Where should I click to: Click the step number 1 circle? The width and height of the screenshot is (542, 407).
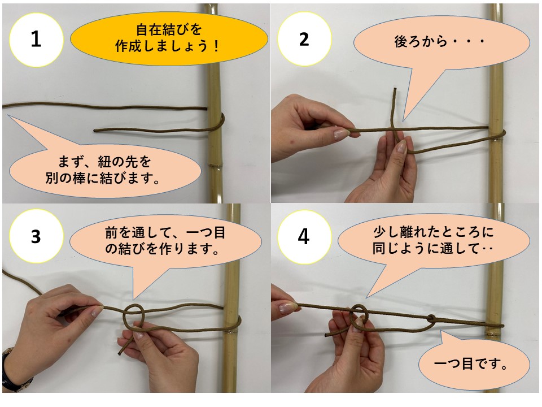pyautogui.click(x=36, y=40)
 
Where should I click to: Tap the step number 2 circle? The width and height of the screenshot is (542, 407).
pyautogui.click(x=304, y=39)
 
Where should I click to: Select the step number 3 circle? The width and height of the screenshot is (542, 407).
pyautogui.click(x=36, y=236)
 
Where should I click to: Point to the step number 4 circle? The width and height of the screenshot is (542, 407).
pyautogui.click(x=304, y=237)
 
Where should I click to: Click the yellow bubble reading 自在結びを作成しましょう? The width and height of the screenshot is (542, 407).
pyautogui.click(x=169, y=38)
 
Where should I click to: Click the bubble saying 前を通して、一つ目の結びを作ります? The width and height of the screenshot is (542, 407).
pyautogui.click(x=165, y=241)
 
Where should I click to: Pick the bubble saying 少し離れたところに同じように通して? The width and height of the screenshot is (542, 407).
pyautogui.click(x=434, y=241)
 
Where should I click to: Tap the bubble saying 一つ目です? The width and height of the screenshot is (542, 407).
pyautogui.click(x=474, y=363)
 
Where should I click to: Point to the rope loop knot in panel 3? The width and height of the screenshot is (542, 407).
pyautogui.click(x=134, y=314)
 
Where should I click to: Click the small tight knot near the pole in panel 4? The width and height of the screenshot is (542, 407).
pyautogui.click(x=432, y=318)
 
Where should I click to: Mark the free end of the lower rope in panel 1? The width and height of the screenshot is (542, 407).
pyautogui.click(x=95, y=131)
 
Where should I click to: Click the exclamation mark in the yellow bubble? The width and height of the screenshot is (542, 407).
pyautogui.click(x=216, y=46)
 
